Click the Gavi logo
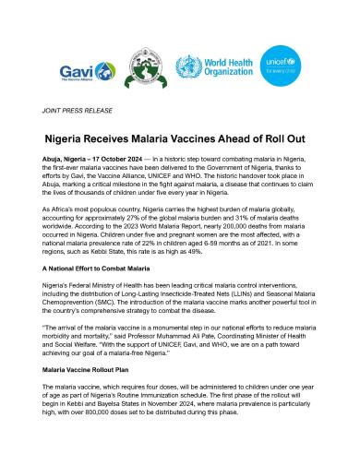pyautogui.click(x=79, y=70)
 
